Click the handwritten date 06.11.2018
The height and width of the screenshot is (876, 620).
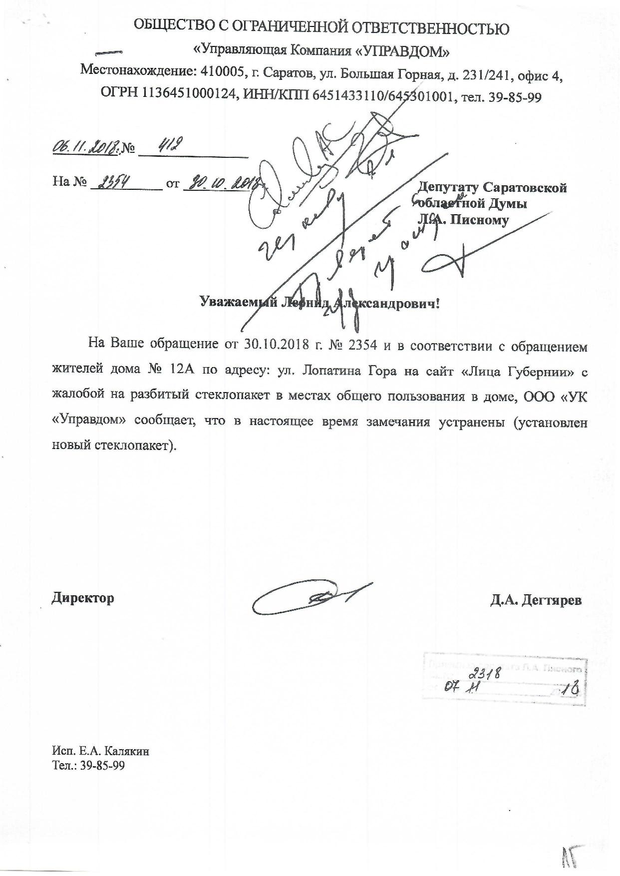click(84, 148)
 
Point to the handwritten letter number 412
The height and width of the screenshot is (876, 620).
click(169, 146)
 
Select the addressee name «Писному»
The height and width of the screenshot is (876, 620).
click(479, 220)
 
